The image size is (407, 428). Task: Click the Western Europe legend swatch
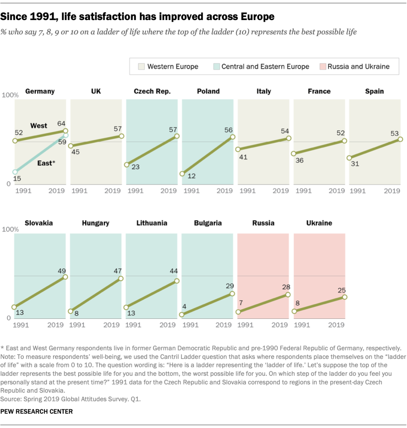coord(141,66)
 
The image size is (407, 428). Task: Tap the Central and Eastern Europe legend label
coord(265,66)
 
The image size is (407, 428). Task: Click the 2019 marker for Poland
coord(232,137)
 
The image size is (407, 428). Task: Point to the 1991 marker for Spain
coord(349,158)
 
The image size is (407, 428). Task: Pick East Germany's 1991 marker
coord(15,172)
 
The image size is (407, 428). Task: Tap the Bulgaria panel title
coord(208,223)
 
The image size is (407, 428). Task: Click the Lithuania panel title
coord(152,223)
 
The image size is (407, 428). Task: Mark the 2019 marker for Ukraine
coord(345,297)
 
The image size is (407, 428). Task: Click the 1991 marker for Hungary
coord(71,311)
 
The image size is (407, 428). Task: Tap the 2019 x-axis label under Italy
coord(280,191)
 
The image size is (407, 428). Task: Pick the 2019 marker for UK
coord(121,136)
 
